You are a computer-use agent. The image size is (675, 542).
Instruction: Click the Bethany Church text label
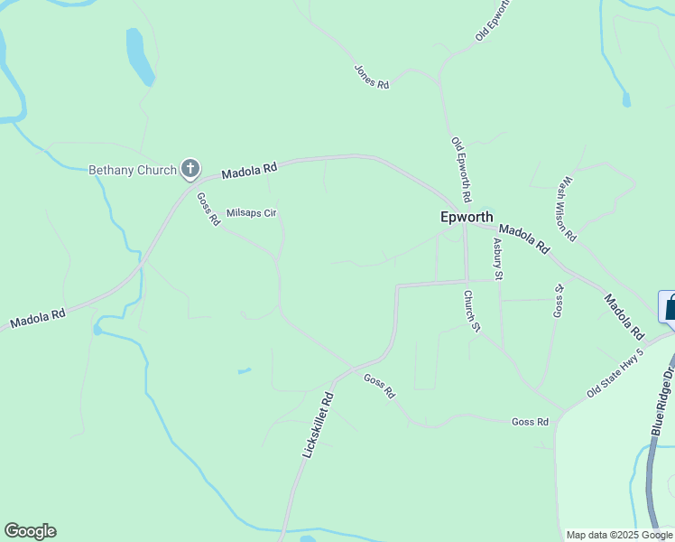[132, 169]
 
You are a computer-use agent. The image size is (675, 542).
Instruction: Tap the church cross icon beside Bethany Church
[190, 168]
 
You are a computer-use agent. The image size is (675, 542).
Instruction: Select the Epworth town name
[467, 217]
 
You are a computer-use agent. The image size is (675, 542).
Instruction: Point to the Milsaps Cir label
[251, 212]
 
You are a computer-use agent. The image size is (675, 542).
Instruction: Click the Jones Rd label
[371, 77]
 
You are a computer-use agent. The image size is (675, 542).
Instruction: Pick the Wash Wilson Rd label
[567, 208]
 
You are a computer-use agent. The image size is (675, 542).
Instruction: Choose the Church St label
[469, 311]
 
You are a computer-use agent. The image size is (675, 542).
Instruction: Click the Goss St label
[559, 300]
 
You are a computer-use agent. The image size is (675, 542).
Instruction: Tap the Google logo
[30, 531]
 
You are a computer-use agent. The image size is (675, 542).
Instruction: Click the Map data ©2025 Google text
[618, 535]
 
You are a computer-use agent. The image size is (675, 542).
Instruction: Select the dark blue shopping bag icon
[669, 307]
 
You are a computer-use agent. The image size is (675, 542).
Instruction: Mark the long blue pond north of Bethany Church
[139, 56]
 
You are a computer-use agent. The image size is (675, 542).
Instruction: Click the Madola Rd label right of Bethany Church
[249, 170]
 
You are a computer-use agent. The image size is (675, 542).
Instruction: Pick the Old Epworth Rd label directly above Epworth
[462, 169]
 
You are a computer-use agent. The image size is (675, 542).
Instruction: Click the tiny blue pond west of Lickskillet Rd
[244, 370]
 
